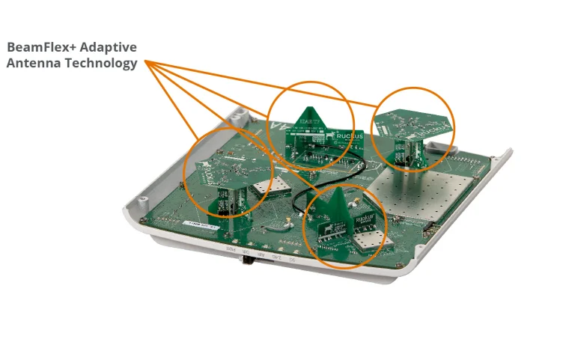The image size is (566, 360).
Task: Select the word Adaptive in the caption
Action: tap(113, 47)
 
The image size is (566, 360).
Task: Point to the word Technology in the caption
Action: tap(102, 64)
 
